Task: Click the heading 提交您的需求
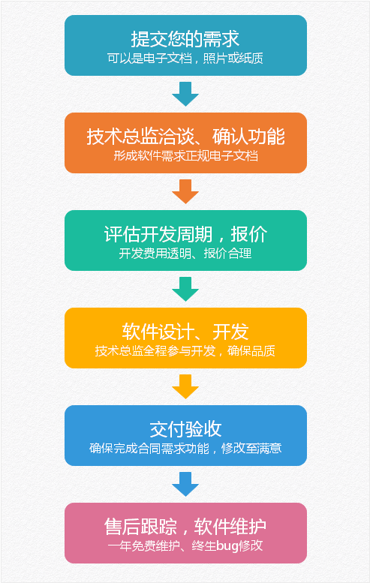(x=185, y=39)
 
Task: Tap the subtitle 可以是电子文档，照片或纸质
(x=185, y=59)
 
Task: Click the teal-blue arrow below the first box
(x=185, y=94)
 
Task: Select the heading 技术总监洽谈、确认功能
(x=185, y=137)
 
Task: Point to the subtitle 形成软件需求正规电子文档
(x=185, y=156)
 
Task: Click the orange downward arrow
(x=185, y=191)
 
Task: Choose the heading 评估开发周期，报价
(x=185, y=234)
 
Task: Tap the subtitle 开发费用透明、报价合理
(x=185, y=254)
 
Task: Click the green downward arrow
(x=185, y=289)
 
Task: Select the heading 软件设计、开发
(x=185, y=332)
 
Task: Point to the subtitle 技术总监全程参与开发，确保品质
(x=185, y=351)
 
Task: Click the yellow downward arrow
(x=185, y=386)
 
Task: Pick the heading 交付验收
(x=185, y=429)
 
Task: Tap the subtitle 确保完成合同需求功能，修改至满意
(x=185, y=449)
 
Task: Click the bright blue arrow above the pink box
(x=185, y=484)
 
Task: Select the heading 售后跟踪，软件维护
(x=185, y=527)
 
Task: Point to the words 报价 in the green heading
(x=249, y=234)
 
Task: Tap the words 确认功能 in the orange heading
(x=248, y=137)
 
